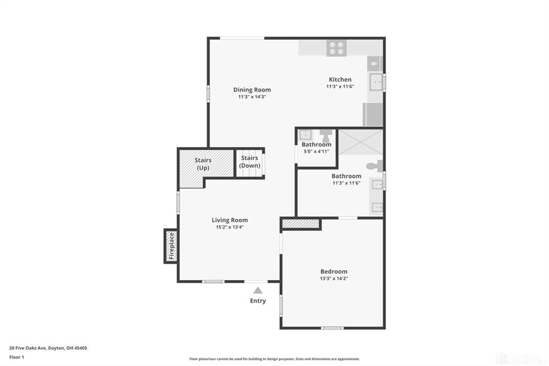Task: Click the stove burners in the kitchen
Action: tap(336, 48)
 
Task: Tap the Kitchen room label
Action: tap(340, 79)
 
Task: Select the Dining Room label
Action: tap(252, 90)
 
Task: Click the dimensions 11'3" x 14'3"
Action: tap(252, 97)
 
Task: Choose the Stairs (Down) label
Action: tap(249, 162)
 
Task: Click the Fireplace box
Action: tap(171, 246)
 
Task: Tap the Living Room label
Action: tap(229, 220)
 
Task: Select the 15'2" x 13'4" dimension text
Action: tap(229, 227)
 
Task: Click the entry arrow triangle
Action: tap(258, 290)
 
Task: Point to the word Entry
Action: tap(258, 301)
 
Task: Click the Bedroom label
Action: tap(333, 272)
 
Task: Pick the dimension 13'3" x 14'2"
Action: tap(333, 279)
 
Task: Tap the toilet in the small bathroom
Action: tap(326, 135)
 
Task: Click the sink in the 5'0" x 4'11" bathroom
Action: tap(306, 135)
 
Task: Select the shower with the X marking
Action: tap(360, 142)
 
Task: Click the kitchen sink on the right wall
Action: tap(376, 83)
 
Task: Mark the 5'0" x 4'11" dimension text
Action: tap(316, 152)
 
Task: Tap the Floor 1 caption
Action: tap(17, 356)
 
